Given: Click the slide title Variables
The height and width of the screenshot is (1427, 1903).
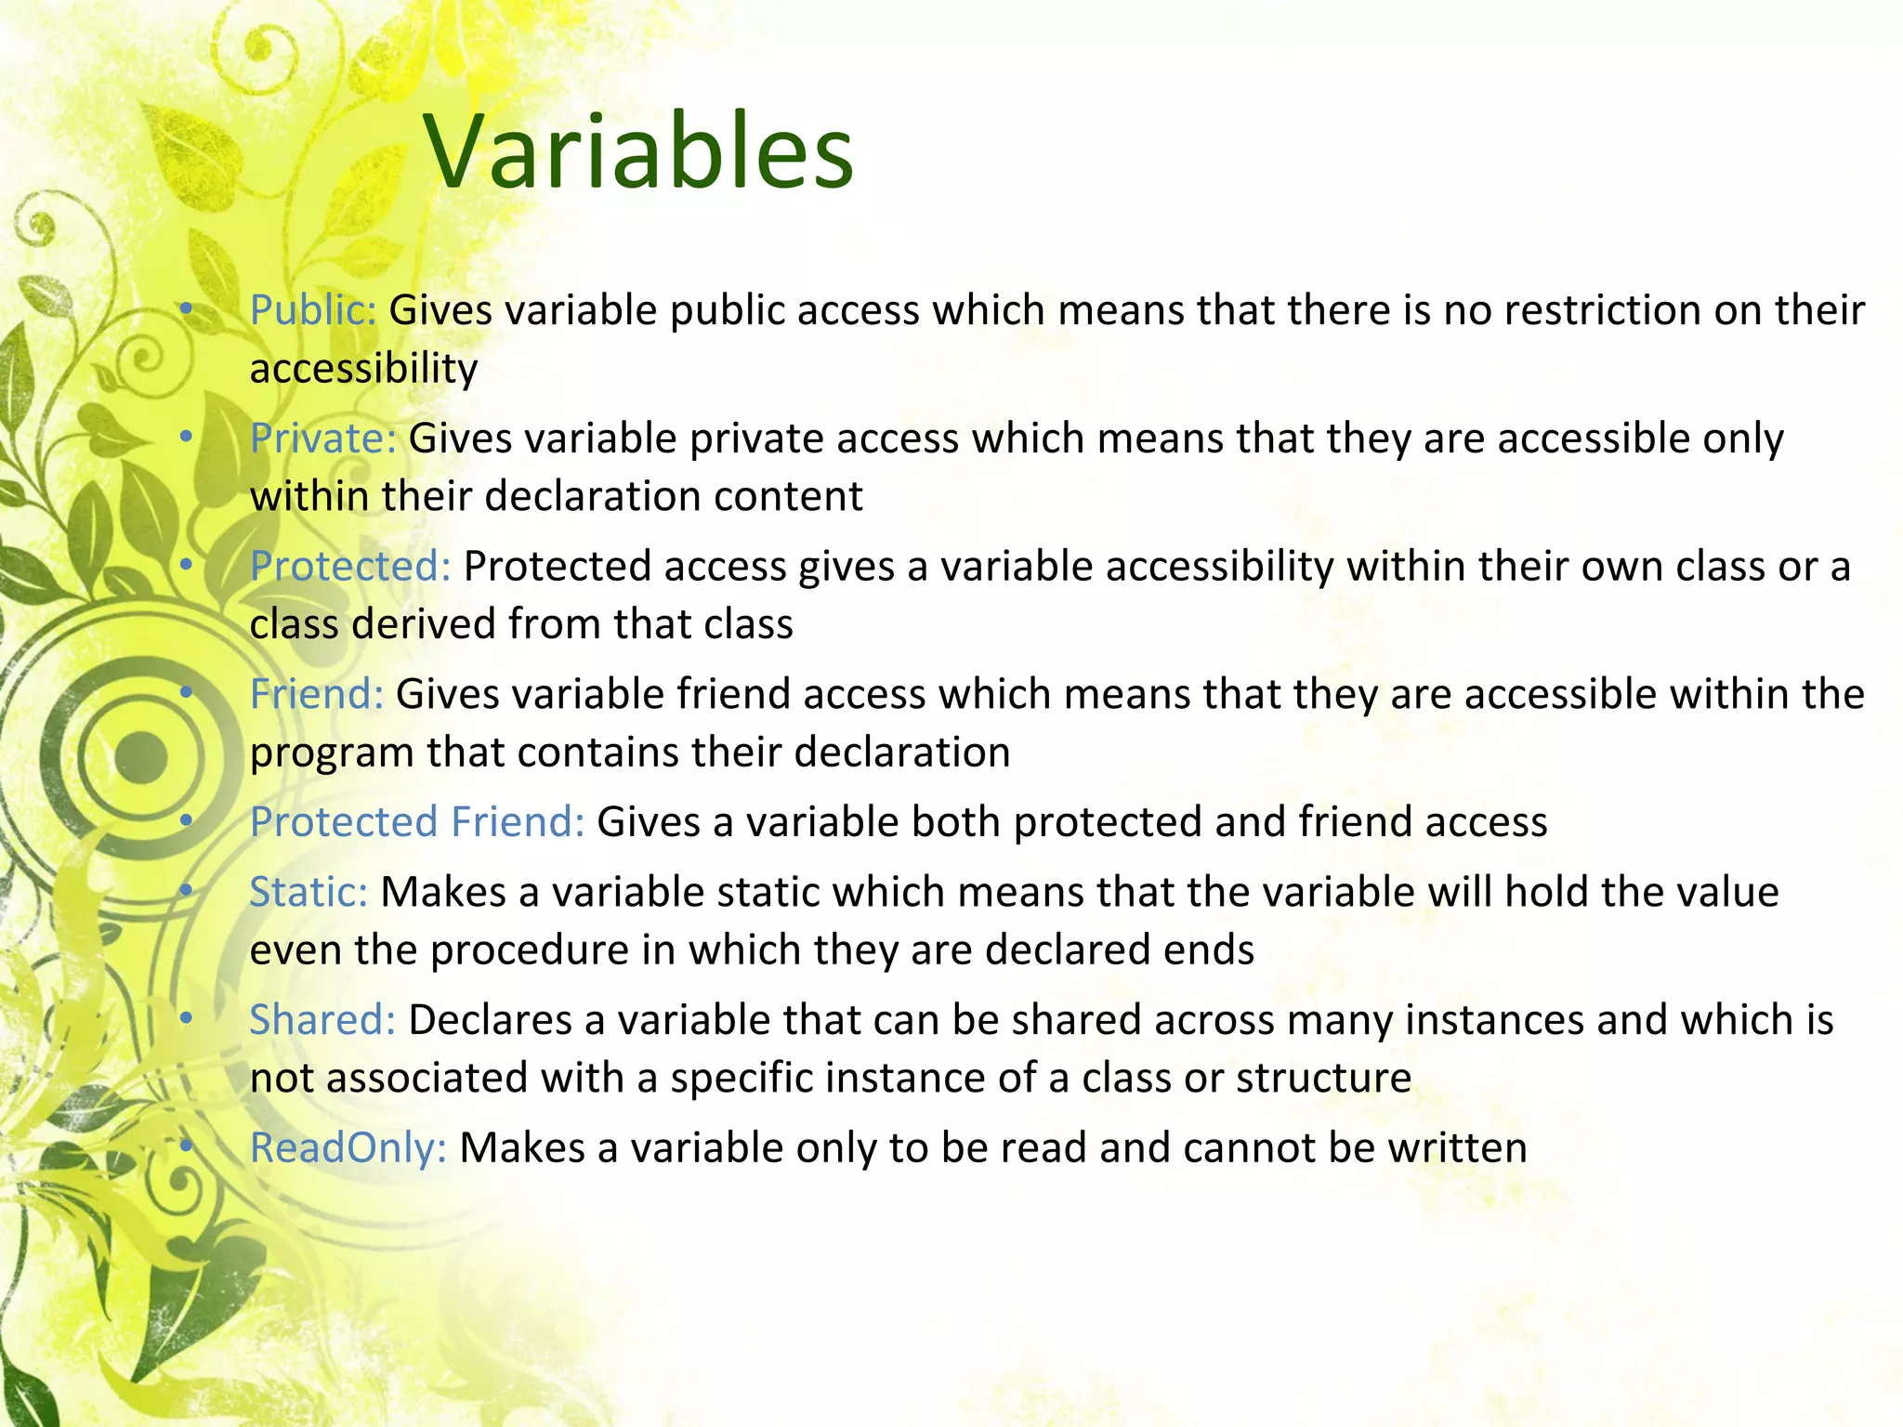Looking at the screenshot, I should point(639,151).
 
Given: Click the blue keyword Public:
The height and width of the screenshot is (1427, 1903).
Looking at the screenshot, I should point(313,310).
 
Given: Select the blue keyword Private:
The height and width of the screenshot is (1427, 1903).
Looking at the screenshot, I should point(323,439).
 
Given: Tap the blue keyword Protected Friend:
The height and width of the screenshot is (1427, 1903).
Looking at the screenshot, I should point(417,822).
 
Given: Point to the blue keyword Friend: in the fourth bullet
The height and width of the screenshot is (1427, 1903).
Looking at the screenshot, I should point(317,694).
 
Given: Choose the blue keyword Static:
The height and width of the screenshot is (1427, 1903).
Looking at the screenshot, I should point(308,892).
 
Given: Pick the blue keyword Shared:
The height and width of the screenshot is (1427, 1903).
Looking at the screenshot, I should point(322,1020).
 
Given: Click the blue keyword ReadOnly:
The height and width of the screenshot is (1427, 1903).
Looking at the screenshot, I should point(348,1148).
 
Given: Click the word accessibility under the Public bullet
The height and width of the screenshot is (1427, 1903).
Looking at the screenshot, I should point(363,369).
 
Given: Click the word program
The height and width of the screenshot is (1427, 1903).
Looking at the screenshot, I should point(332,753).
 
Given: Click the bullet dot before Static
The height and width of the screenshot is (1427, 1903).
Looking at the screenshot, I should point(186,891).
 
